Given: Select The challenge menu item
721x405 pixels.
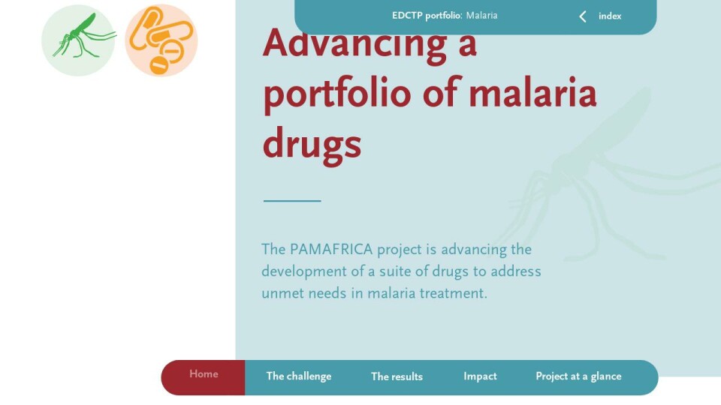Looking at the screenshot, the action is [299, 376].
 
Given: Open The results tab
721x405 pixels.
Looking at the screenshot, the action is [397, 376].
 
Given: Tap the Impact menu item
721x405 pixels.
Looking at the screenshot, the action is [480, 376].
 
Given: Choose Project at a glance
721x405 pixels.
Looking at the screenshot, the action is [578, 376].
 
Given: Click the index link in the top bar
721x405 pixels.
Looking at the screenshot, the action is [610, 16].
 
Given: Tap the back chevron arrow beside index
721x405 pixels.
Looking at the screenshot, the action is [583, 16].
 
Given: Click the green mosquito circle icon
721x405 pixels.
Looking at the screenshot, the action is [78, 40].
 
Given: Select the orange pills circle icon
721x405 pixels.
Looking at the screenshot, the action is [161, 40].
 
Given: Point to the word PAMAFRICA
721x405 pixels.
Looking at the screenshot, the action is [331, 249].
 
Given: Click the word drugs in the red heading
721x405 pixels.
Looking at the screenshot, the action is [312, 144].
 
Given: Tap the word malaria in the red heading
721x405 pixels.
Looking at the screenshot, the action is [532, 92].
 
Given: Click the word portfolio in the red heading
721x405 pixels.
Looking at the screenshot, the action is [337, 94].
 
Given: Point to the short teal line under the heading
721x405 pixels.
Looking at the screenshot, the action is [292, 201].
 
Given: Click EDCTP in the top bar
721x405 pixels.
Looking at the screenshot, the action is [407, 16].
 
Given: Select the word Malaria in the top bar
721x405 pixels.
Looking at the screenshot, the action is [481, 16].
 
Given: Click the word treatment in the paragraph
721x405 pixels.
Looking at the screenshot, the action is [453, 293].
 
